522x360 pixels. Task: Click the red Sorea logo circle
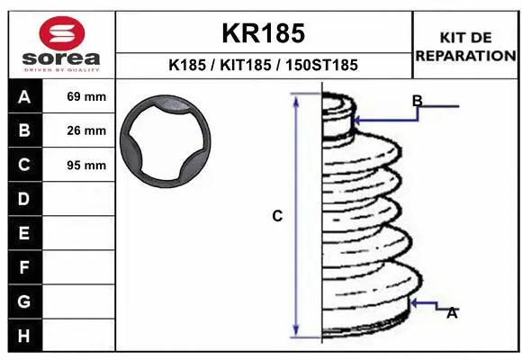(x=62, y=36)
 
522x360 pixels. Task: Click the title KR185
(x=264, y=33)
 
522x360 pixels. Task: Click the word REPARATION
(x=465, y=56)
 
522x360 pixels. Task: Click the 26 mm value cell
(x=86, y=131)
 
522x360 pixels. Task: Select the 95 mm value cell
(x=86, y=166)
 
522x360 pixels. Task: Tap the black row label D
(x=24, y=199)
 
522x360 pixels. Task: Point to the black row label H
(x=24, y=336)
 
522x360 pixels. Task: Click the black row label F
(x=24, y=267)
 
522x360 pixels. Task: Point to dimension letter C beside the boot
(x=277, y=216)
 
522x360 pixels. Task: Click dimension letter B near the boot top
(x=417, y=100)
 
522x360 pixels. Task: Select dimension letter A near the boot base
(x=452, y=312)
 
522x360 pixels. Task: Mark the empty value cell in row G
(x=86, y=301)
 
